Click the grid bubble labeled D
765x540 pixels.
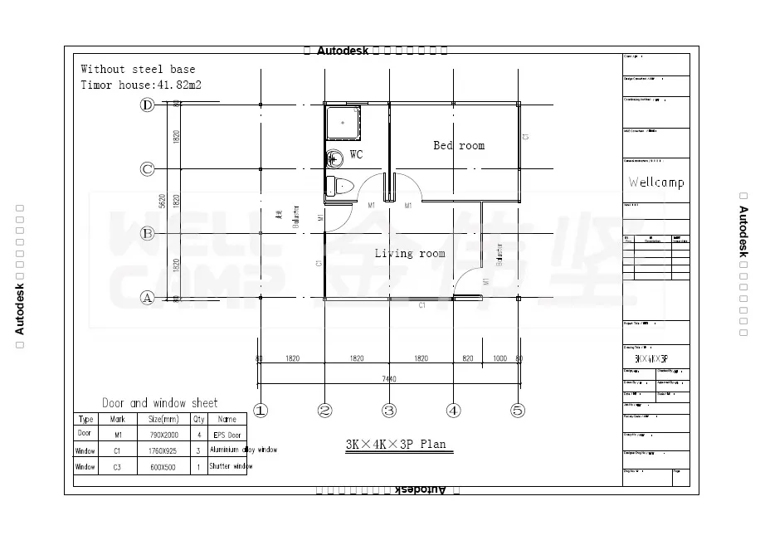[147, 105]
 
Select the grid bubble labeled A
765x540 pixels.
[147, 297]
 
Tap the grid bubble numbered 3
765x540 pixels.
[389, 411]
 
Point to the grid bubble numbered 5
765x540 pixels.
[518, 411]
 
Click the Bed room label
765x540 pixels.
[459, 145]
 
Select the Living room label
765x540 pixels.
[410, 253]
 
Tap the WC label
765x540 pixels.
[356, 154]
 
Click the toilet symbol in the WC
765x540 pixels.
[339, 185]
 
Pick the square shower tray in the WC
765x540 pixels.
[342, 123]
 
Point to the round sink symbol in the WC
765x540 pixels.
[334, 158]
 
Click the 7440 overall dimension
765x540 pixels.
[388, 379]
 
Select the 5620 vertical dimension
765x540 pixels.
[163, 201]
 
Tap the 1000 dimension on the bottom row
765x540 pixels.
[499, 358]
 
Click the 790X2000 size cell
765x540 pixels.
[163, 434]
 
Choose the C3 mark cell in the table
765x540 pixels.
[117, 467]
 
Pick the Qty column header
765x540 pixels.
[199, 419]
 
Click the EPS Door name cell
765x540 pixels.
[227, 434]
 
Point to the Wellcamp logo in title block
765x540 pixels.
[655, 182]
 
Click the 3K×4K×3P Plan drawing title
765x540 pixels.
[396, 444]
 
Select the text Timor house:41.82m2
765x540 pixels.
[141, 85]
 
